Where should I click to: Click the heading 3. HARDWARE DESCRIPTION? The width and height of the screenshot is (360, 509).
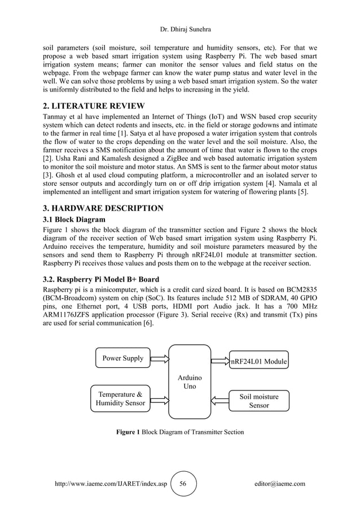pos(104,208)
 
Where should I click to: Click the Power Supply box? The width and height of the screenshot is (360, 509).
pos(122,358)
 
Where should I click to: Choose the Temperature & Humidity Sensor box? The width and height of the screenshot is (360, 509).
pos(120,398)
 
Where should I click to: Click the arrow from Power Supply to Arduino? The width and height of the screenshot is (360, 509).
pos(160,358)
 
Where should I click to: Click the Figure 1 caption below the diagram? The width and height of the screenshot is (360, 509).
pos(180,432)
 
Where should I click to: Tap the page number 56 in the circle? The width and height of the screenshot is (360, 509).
pos(183,484)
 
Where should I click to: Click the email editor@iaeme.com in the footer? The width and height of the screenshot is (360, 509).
pos(280,484)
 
